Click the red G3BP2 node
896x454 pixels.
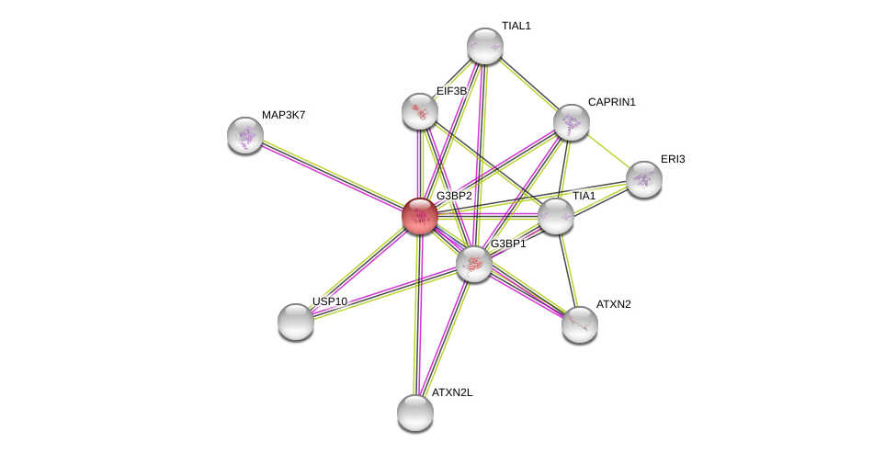click(x=420, y=216)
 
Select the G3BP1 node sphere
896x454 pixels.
click(x=474, y=264)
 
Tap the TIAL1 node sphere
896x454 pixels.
click(x=485, y=46)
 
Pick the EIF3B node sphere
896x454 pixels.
click(x=420, y=111)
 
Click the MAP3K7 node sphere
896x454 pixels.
click(x=245, y=135)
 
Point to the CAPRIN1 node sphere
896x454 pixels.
click(x=572, y=122)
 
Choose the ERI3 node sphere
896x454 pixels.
click(x=644, y=179)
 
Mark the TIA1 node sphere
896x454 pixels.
click(x=556, y=217)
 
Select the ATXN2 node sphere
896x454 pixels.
click(x=580, y=324)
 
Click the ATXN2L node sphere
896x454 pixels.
click(x=415, y=413)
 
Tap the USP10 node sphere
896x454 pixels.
click(x=296, y=322)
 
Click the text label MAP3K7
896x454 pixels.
click(x=283, y=115)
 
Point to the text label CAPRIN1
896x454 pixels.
click(x=611, y=102)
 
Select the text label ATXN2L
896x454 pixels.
click(x=452, y=392)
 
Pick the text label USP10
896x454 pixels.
click(x=330, y=301)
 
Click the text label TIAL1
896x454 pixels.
click(x=516, y=26)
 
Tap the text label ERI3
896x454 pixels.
click(x=673, y=159)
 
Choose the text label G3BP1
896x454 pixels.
click(x=508, y=244)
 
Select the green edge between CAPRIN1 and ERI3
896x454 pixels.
click(x=607, y=151)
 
